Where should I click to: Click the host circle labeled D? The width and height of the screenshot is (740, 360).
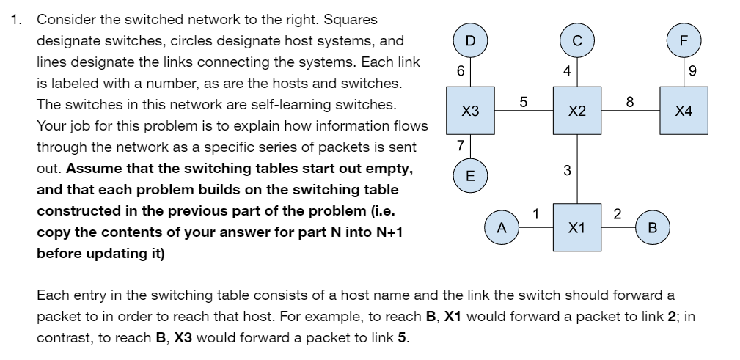coord(470,39)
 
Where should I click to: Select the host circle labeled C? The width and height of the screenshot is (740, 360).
coord(577,39)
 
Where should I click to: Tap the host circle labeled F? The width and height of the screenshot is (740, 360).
coord(684,39)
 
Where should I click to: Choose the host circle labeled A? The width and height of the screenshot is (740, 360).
coord(502,227)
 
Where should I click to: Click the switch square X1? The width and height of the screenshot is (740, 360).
coord(577,227)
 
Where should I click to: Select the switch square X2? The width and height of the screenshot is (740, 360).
coord(577,111)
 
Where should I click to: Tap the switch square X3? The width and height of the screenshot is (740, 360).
coord(470,111)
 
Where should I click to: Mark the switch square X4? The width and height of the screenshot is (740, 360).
coord(684,111)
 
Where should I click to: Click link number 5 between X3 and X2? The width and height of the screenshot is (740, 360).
coord(522,102)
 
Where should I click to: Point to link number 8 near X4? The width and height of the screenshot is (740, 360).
coord(629,102)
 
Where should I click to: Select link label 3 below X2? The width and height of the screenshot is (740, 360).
coord(567,171)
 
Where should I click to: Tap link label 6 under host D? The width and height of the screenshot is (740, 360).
coord(460,71)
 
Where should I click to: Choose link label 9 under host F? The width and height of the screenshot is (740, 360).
coord(693,71)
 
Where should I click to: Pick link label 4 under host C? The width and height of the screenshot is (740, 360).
coord(567,71)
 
